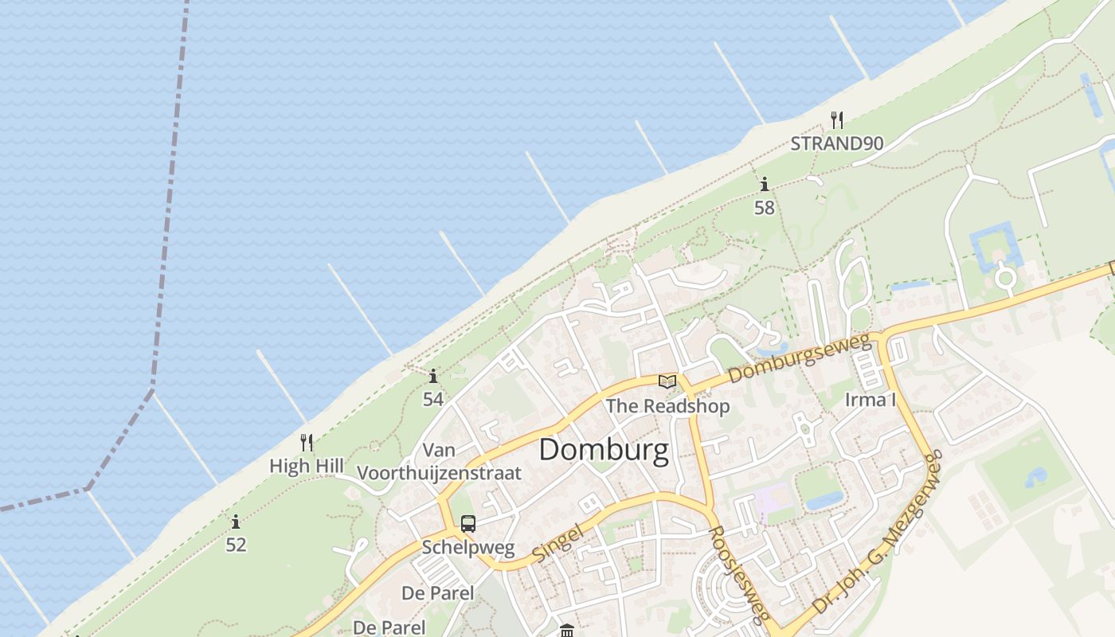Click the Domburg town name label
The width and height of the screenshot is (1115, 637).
pos(604,450)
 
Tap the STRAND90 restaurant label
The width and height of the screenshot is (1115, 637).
pos(836,143)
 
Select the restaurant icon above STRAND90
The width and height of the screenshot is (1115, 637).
pos(836,120)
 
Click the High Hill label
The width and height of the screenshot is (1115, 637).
pos(307,466)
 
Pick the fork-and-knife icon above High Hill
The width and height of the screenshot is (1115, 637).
pos(306,443)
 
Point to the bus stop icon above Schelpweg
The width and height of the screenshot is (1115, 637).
pos(468,524)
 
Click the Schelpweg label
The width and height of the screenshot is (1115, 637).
pos(468,548)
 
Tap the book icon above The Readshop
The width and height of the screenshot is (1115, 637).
pos(667,382)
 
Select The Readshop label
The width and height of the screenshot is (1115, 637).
pos(667,406)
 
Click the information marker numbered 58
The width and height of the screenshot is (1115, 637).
pos(765,185)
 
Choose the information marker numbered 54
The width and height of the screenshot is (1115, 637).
pos(433,376)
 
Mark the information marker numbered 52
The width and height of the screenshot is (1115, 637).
pos(236,522)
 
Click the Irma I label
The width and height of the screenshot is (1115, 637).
pos(870,399)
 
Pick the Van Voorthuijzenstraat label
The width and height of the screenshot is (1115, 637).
pos(439,462)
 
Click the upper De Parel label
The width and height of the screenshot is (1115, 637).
pos(437,593)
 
